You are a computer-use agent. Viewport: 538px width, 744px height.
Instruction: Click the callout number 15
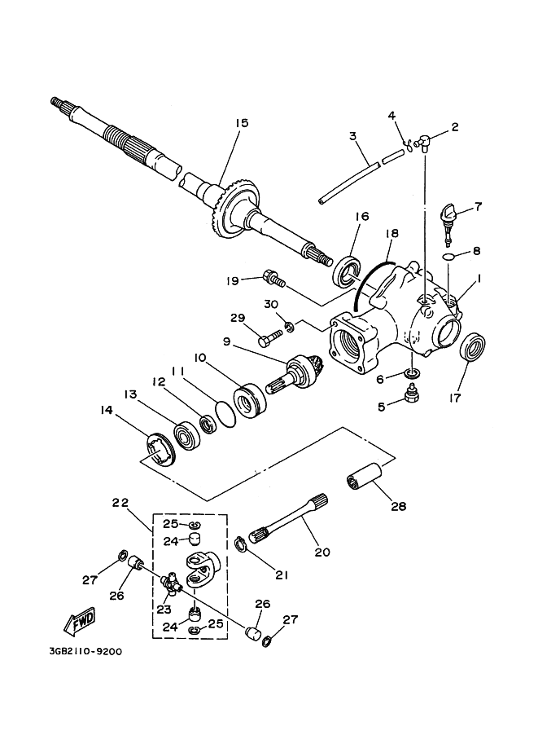click(x=241, y=123)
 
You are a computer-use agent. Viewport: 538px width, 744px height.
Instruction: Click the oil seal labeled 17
click(x=475, y=346)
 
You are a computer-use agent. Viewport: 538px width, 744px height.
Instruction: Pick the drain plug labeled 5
click(x=412, y=397)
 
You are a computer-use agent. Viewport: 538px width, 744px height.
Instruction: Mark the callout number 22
click(x=120, y=503)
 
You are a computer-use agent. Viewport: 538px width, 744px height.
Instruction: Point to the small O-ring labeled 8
click(x=448, y=258)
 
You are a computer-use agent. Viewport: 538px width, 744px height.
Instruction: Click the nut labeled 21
click(x=242, y=543)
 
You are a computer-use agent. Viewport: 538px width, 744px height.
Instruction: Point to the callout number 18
click(x=391, y=233)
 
